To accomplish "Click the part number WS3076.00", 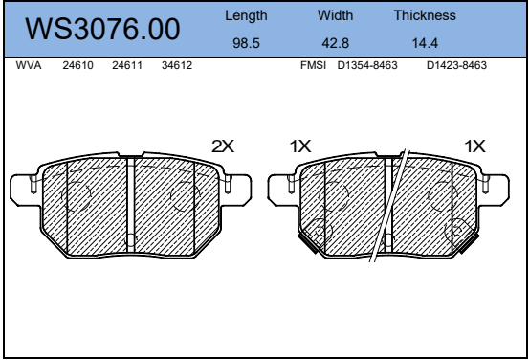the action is (102, 29).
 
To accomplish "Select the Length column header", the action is (246, 15).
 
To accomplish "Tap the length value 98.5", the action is (246, 43).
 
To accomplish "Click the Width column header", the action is (335, 15).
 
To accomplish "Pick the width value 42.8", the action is (335, 43).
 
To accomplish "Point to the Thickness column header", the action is (425, 15).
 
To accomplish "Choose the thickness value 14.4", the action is (425, 43).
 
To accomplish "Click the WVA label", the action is (29, 65).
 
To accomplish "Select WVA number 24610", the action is (77, 65).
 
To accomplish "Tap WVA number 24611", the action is (127, 65).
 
